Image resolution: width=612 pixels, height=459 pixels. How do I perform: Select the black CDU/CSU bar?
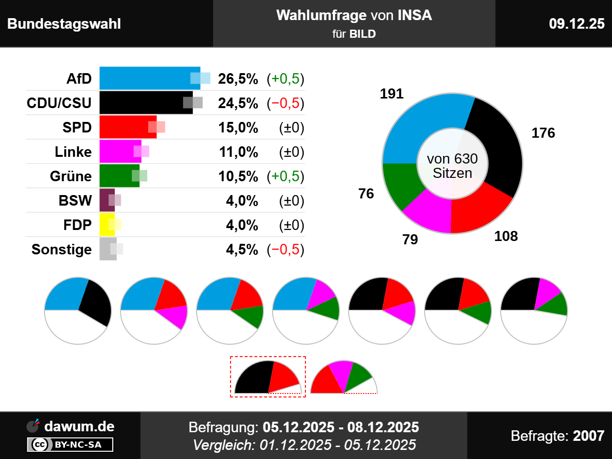[x=143, y=103]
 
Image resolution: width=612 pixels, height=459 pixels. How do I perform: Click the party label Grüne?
[x=71, y=176]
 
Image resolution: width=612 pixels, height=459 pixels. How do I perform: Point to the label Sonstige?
[x=62, y=250]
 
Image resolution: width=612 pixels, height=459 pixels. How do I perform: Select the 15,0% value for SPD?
[x=238, y=128]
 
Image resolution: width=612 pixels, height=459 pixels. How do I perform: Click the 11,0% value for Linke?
[x=239, y=152]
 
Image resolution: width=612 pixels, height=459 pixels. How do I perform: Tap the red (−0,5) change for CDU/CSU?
[x=285, y=103]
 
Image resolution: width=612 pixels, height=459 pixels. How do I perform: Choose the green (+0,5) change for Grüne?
[x=285, y=176]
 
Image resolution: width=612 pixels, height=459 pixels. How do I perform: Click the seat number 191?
[x=392, y=94]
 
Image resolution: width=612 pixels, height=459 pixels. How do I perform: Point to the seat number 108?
[x=506, y=236]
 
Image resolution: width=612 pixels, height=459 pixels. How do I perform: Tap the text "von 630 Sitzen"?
[x=452, y=166]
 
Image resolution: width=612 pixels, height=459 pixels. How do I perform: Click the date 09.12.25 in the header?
[x=577, y=24]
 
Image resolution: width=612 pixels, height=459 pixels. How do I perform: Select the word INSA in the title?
[x=415, y=15]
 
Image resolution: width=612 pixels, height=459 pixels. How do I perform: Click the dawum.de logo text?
[x=79, y=426]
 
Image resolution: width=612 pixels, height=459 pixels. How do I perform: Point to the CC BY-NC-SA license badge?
[x=70, y=445]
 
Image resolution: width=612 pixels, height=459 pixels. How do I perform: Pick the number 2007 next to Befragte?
[x=589, y=436]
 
